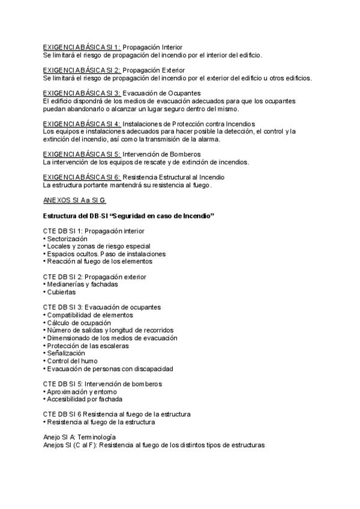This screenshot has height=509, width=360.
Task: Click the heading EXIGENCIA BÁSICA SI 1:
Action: pos(82,47)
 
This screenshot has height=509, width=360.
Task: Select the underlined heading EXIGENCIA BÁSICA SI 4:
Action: pos(82,124)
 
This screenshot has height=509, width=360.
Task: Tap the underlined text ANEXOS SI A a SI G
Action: pos(74,200)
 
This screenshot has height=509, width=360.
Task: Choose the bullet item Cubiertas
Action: pos(60,292)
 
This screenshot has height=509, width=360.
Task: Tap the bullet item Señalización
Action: pos(65,354)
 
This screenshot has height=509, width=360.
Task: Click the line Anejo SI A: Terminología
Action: pos(79,438)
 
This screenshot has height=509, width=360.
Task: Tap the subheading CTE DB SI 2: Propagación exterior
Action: pos(95,277)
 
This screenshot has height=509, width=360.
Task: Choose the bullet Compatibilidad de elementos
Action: pos(88,315)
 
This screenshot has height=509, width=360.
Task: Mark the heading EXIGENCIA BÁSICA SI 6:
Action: pos(82,178)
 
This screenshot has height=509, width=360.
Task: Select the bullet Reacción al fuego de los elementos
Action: pos(98,262)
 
